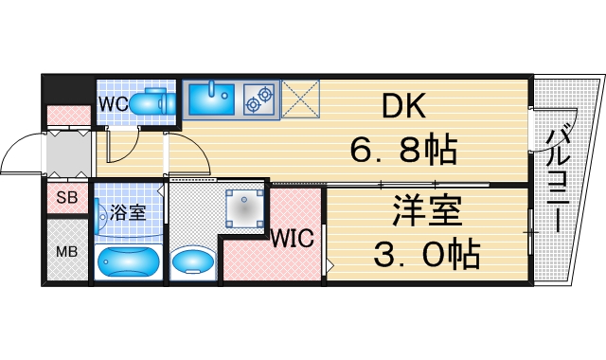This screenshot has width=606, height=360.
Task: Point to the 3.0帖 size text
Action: (x=426, y=253)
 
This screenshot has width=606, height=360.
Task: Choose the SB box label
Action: (x=66, y=199)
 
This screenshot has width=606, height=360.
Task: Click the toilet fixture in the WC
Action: (x=151, y=100)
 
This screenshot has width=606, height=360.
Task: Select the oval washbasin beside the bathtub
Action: (x=195, y=261)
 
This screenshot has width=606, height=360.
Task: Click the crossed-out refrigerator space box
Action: (x=300, y=98)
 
